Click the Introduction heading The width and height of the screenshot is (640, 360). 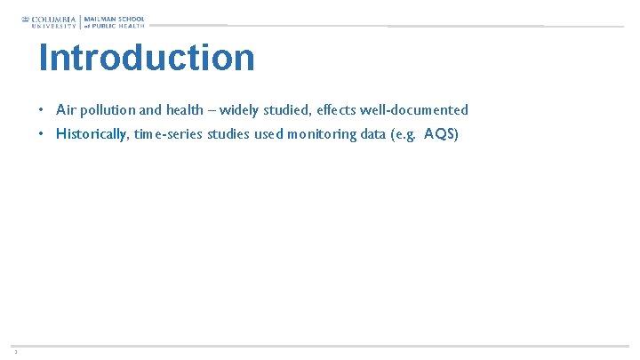tap(147, 58)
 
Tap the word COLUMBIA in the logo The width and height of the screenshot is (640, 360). tap(54, 19)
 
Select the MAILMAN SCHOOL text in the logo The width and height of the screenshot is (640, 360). tap(115, 19)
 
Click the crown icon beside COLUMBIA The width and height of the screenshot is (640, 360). tap(26, 19)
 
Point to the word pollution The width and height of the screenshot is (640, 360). tap(105, 110)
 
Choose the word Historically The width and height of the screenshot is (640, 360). tap(92, 134)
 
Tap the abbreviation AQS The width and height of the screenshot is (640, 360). tap(439, 134)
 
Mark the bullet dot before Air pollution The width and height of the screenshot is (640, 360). tap(42, 110)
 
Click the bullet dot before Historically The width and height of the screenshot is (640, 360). tap(42, 134)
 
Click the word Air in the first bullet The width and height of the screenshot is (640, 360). tap(65, 110)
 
